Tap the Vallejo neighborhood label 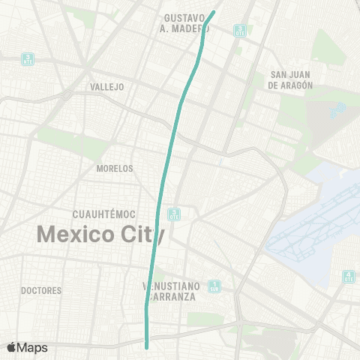(x=106, y=87)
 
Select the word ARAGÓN (x=293, y=85)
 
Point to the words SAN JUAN (x=289, y=75)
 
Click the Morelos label (x=115, y=169)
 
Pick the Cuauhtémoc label (x=105, y=214)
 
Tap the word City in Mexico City (x=141, y=234)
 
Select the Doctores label (x=40, y=290)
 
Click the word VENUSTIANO (x=171, y=286)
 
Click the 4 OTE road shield (x=348, y=277)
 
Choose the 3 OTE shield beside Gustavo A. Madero (x=239, y=30)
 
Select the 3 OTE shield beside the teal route (x=174, y=214)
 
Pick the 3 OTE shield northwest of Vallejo (x=28, y=58)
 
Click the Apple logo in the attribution (x=12, y=347)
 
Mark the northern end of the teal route (x=215, y=11)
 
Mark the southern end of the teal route (x=147, y=346)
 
